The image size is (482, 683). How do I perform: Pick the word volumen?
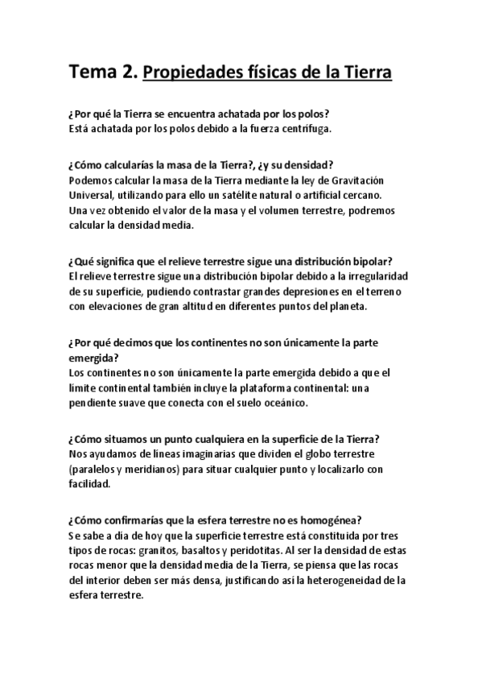click(245, 210)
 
